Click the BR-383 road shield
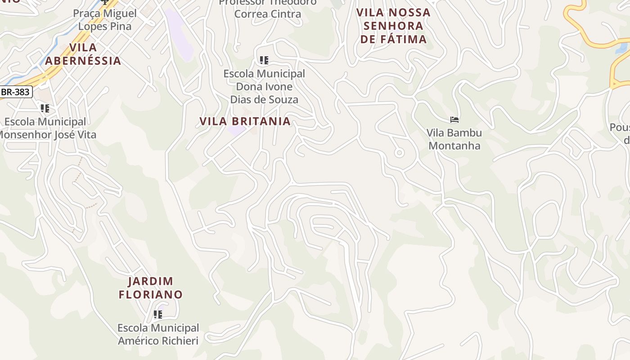[15, 92]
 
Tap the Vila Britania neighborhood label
[245, 121]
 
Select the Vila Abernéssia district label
[83, 54]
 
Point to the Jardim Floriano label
[151, 288]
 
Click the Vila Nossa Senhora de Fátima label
[393, 26]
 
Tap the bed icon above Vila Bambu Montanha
[454, 120]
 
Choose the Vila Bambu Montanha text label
[454, 139]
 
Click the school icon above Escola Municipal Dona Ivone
[264, 60]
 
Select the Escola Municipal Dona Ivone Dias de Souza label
[264, 86]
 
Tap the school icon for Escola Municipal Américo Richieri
[158, 315]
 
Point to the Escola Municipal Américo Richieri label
[158, 334]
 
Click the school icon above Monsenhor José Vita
[45, 108]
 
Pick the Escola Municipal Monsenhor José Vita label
[45, 128]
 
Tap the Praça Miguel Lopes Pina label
[105, 20]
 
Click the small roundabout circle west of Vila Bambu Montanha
[399, 153]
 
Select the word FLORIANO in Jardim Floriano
[151, 295]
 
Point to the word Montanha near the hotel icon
[454, 146]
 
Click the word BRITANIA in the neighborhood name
[261, 121]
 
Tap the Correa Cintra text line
[268, 14]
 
